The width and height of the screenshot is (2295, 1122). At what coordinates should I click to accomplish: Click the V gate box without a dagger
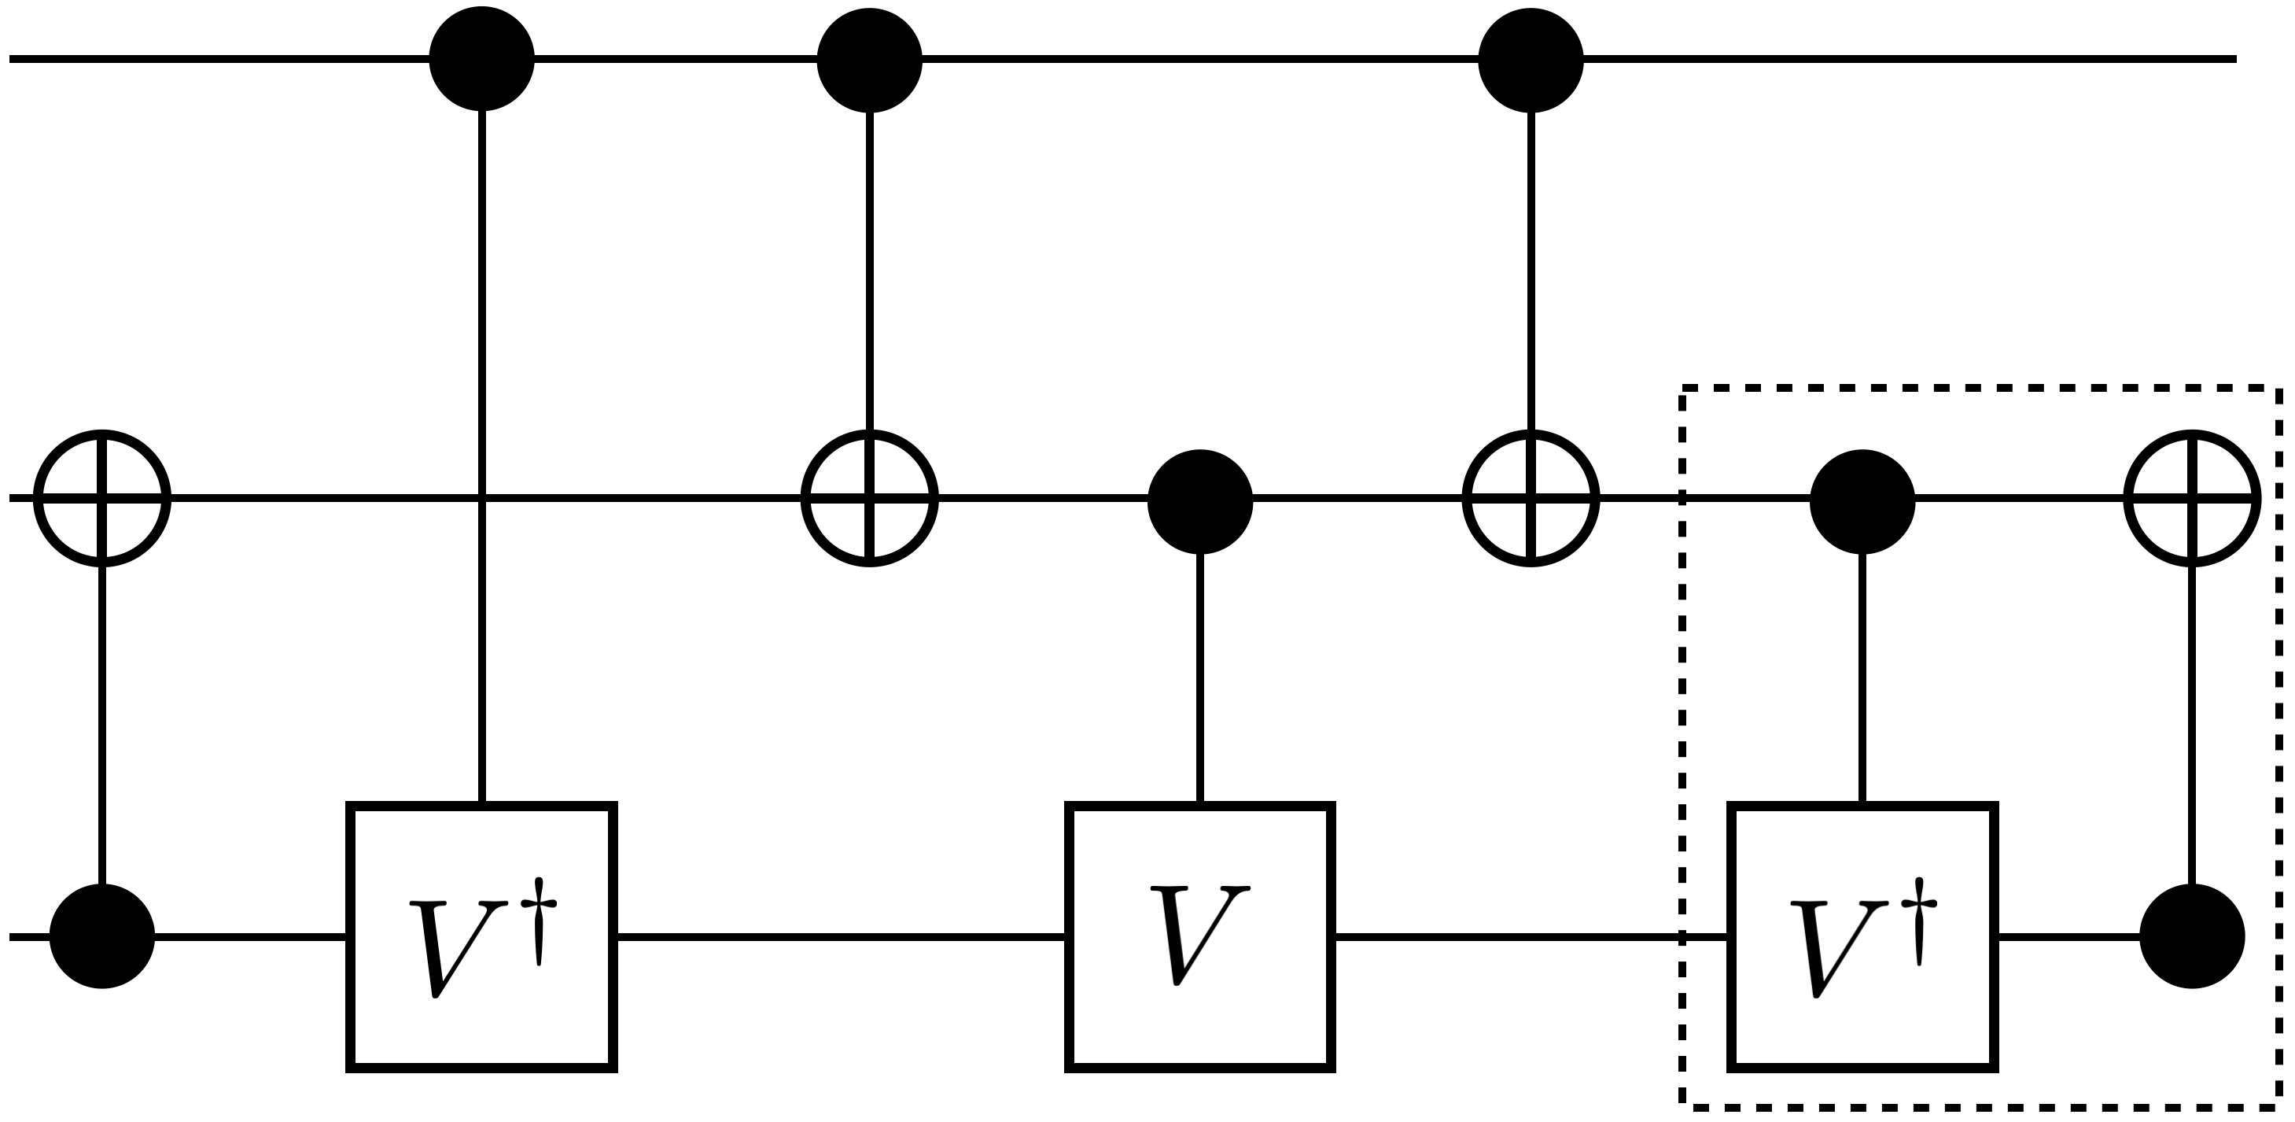[1200, 936]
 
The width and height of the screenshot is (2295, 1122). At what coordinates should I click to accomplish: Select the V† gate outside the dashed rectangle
[481, 936]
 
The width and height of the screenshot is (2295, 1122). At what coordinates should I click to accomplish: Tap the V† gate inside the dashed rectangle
[1862, 936]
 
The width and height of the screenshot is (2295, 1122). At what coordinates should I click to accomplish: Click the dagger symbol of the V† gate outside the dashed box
[539, 921]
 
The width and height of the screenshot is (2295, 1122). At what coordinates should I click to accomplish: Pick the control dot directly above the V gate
[1200, 502]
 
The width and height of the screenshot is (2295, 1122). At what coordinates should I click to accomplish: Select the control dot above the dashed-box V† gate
[1862, 502]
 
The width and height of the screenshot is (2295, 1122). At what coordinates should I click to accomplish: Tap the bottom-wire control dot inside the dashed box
[2192, 936]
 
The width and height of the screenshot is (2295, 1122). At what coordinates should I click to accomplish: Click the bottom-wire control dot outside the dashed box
[102, 936]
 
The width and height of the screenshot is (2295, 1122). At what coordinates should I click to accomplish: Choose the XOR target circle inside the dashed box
[2192, 498]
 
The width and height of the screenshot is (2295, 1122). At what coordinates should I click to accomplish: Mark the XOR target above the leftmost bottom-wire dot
[102, 498]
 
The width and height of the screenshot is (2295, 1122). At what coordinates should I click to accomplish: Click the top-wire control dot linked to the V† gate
[481, 59]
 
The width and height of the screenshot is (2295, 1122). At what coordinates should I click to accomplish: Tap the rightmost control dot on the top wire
[1531, 60]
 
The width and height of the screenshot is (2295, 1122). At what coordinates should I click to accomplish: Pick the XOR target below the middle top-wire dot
[870, 498]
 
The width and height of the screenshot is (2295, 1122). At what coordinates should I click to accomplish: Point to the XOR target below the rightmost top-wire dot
[1531, 498]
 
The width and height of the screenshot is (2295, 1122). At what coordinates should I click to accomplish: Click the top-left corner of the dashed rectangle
[1683, 389]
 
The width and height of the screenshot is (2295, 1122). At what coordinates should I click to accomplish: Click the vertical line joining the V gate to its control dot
[1200, 677]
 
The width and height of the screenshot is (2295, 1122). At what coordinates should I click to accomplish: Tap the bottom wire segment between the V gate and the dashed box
[1505, 936]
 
